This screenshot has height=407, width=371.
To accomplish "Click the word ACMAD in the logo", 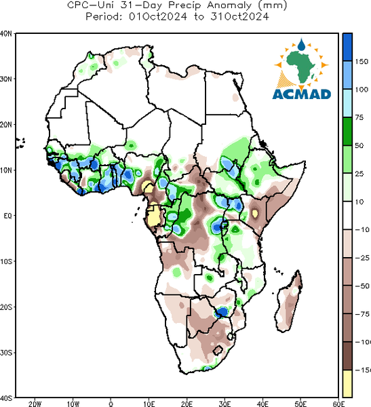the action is [302, 94].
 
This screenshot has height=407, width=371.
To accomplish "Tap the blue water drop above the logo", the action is [301, 45].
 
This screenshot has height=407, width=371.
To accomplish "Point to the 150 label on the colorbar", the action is [362, 62].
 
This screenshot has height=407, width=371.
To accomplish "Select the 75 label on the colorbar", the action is [359, 117].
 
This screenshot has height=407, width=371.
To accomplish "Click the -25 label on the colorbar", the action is [362, 258].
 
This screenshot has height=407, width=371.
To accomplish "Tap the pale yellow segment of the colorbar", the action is [347, 383].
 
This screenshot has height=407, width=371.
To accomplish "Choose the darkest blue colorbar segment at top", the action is [347, 47].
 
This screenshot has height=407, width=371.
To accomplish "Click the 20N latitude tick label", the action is [6, 125].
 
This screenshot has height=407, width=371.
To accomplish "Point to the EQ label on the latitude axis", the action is [7, 216].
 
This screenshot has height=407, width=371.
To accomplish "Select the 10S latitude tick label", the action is [6, 261].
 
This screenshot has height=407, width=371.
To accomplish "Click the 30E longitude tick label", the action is [224, 404].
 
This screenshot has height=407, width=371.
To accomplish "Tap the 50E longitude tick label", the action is [300, 404].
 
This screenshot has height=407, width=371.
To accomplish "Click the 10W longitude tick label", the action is [73, 404].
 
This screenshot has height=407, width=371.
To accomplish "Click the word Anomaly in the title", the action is [229, 5].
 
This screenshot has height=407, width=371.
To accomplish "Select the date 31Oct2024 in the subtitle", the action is [239, 17].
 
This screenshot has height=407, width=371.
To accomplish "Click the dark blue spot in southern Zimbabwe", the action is [222, 312].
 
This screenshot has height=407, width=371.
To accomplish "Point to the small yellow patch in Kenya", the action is [255, 214].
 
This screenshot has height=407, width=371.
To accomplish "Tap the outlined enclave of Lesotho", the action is [218, 350].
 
